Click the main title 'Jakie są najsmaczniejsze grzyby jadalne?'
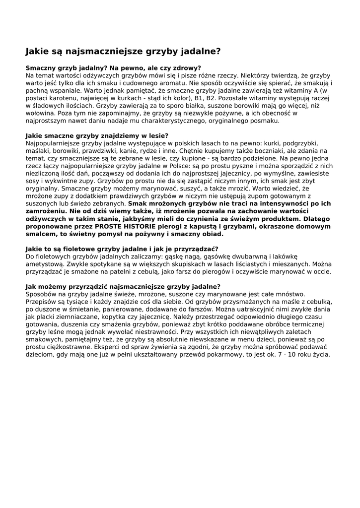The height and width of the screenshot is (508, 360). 123,51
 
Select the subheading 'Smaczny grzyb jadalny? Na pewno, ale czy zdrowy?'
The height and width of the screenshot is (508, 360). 113,68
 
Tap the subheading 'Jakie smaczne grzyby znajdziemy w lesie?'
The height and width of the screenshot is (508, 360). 97,135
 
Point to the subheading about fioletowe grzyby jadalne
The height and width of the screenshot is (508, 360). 122,249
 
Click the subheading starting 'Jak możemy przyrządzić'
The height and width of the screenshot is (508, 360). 123,287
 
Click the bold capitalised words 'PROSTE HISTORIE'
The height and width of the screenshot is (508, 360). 123,227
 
